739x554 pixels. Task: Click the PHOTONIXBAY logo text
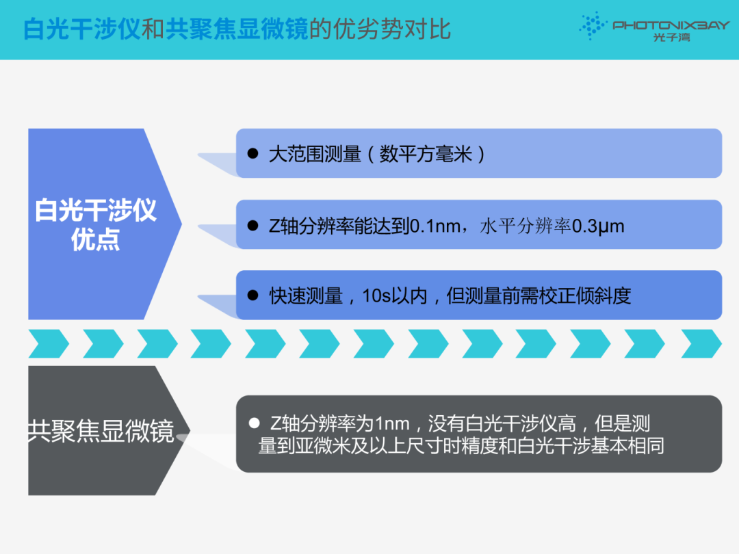pos(671,25)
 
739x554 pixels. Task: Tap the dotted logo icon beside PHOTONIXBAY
pos(593,25)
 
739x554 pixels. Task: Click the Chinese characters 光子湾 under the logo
pos(672,37)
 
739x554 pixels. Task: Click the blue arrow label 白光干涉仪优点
pos(96,224)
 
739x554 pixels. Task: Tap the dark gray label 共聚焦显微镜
pos(101,431)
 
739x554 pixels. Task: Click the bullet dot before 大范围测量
pos(252,153)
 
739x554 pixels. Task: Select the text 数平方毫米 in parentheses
pos(426,154)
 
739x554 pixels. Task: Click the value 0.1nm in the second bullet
pos(435,226)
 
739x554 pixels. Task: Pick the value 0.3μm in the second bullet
pos(598,226)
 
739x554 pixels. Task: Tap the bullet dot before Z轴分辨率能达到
pos(252,225)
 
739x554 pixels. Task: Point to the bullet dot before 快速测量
pos(252,295)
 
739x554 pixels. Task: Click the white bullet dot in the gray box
pos(254,423)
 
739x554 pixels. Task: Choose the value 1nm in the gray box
pos(392,424)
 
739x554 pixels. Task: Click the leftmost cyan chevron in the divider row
pos(49,344)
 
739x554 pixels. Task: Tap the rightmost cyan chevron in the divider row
pos(701,344)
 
